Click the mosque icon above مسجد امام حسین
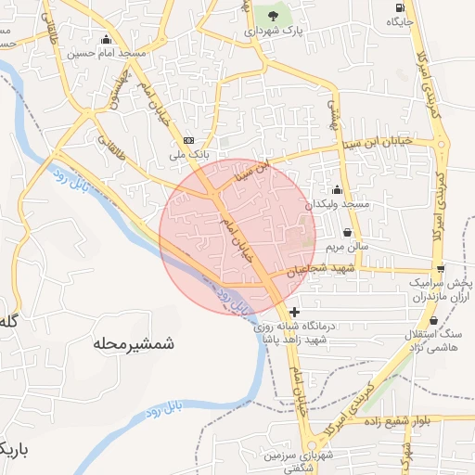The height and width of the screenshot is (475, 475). click(x=107, y=39)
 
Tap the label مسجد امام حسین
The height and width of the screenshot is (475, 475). click(x=107, y=54)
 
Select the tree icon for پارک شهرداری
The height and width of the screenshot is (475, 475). click(x=273, y=15)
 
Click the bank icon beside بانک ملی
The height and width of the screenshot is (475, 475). click(x=189, y=140)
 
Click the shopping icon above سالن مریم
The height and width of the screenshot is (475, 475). click(x=347, y=232)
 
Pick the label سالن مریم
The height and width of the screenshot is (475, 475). click(x=347, y=248)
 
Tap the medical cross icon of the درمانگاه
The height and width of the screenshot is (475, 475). click(x=295, y=313)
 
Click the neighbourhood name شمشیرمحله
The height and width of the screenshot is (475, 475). click(x=134, y=343)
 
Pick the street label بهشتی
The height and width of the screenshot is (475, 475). click(x=329, y=113)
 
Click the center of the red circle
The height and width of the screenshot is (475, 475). click(x=237, y=236)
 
